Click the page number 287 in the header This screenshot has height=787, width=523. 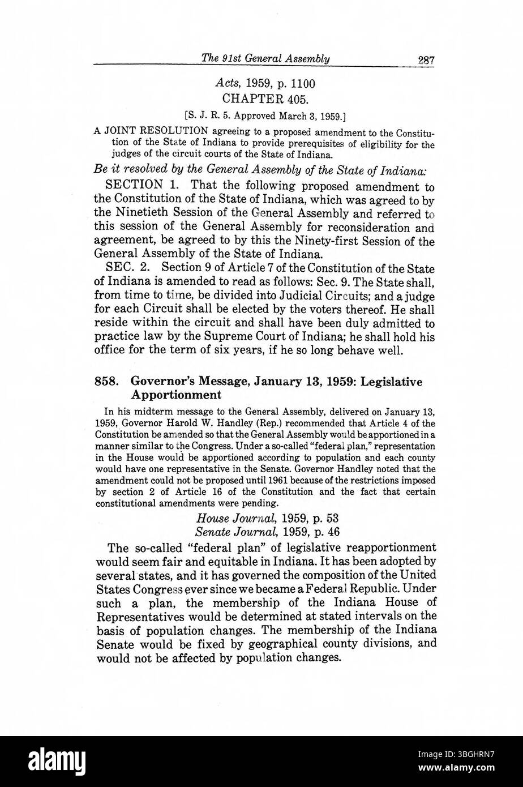click(x=422, y=59)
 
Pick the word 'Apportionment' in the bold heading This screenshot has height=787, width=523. click(x=176, y=395)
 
